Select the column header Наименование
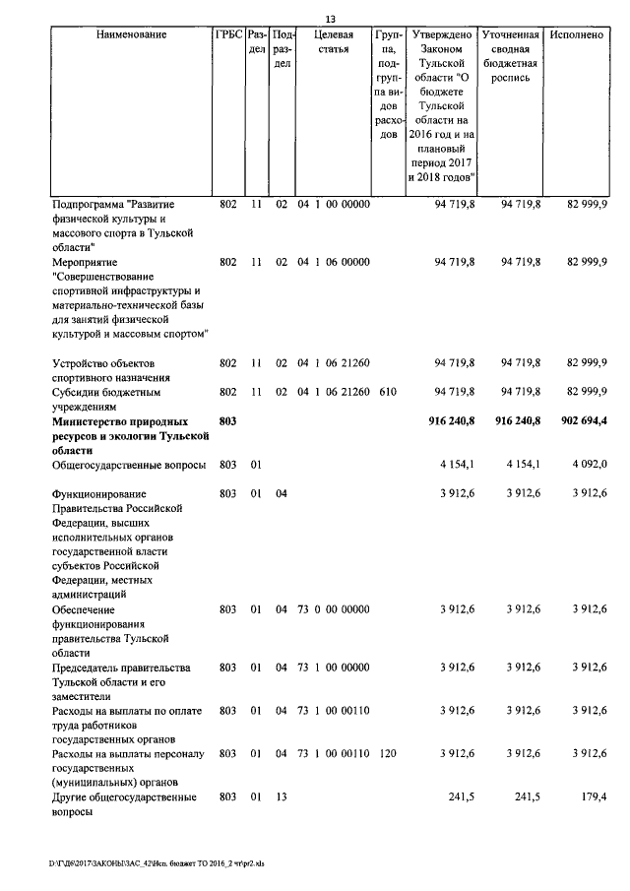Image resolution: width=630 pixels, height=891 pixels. [132, 34]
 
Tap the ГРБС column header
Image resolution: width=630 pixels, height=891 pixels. [227, 34]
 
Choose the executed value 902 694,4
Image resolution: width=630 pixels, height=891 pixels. [579, 420]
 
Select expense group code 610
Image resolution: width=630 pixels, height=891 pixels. [387, 392]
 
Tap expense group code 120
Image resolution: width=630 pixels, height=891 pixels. [387, 753]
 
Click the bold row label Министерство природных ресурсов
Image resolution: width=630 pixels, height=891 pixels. [130, 434]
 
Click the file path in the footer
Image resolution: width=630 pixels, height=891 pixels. [158, 863]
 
